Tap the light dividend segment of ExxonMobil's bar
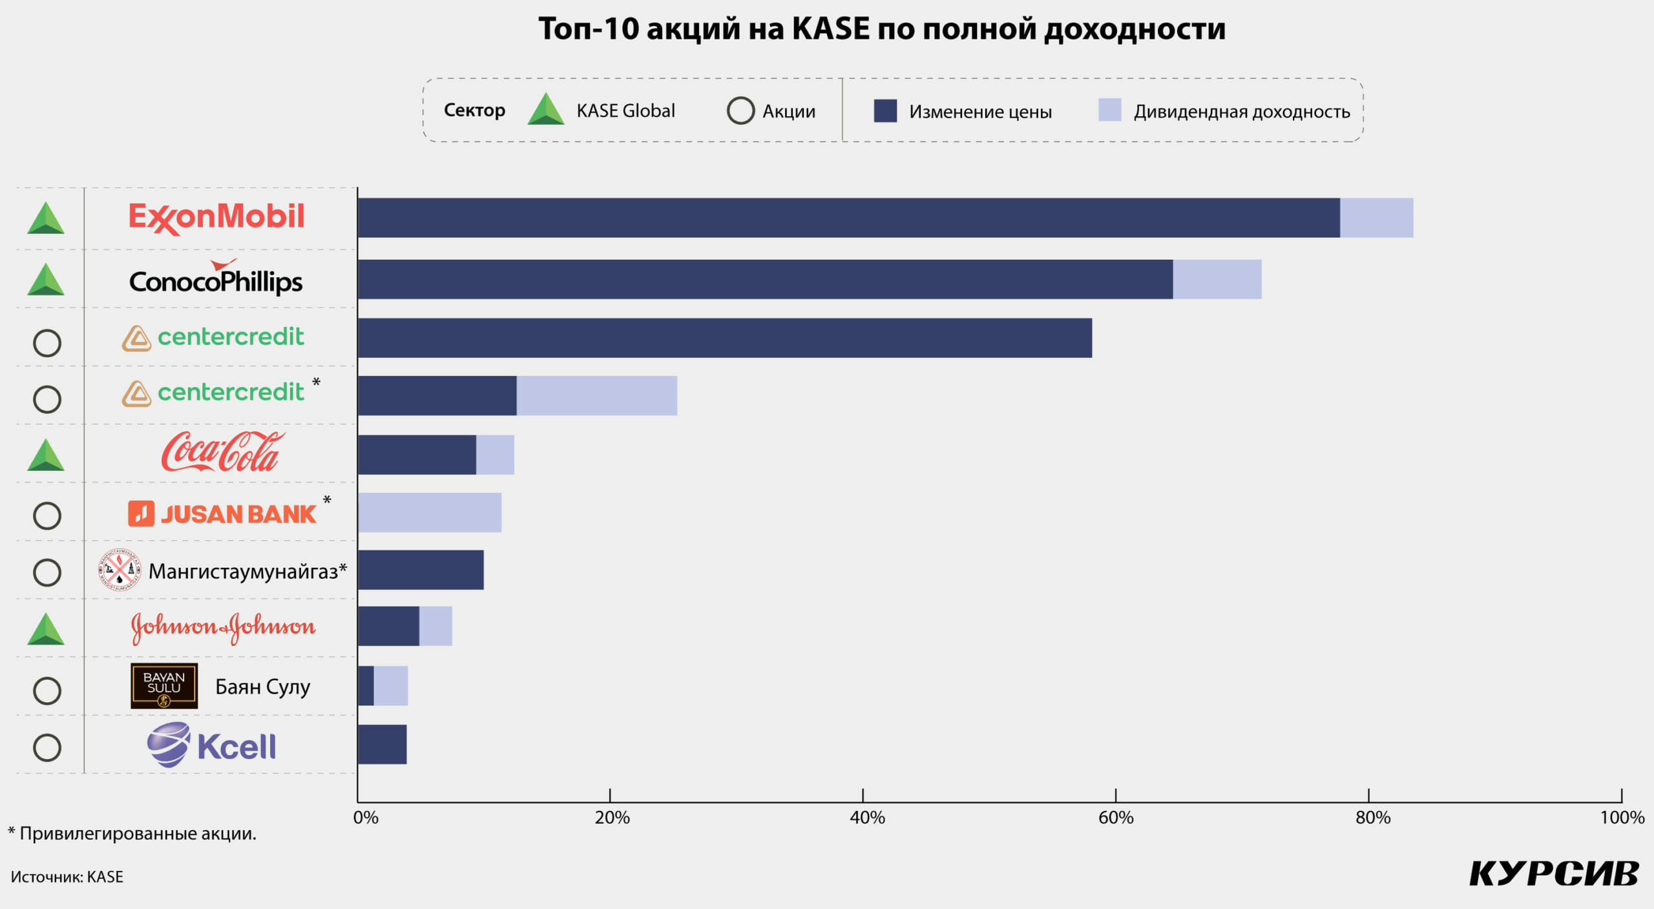point(1376,218)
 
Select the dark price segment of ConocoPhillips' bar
point(765,279)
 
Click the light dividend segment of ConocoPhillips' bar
point(1217,279)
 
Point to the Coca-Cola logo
point(222,452)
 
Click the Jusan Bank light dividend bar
point(430,512)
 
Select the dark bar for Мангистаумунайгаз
point(421,570)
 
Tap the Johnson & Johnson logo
point(223,627)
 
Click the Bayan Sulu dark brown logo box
point(164,685)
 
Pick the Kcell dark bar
point(382,744)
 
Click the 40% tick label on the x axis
point(867,818)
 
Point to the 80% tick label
point(1372,818)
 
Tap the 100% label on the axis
point(1622,818)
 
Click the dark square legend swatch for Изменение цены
point(885,111)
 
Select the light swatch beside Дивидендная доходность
point(1109,110)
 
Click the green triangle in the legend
point(546,110)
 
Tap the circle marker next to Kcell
point(47,747)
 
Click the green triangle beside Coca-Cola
point(46,456)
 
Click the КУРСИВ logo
point(1554,874)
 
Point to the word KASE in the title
point(831,29)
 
